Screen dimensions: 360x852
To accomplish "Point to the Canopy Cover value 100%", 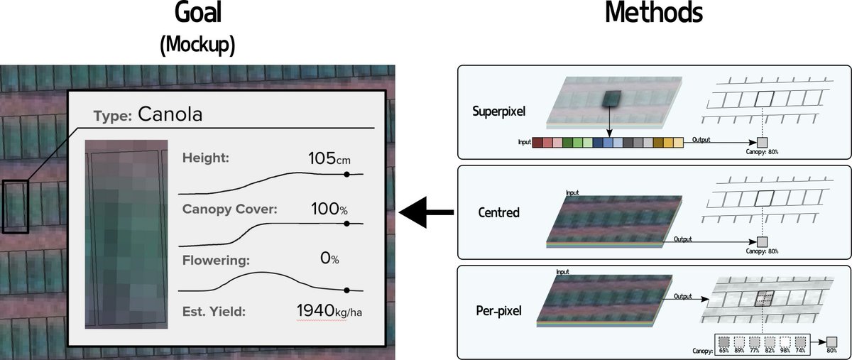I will click(x=329, y=209).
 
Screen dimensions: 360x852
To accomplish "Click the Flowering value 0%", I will click(x=329, y=259).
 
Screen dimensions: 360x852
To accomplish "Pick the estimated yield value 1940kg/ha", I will click(x=334, y=310).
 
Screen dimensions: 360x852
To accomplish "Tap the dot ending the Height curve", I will click(x=346, y=174).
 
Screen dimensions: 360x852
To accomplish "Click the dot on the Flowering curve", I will click(x=346, y=290).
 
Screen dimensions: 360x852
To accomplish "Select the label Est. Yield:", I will click(x=214, y=311).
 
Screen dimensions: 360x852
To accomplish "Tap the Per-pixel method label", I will click(x=499, y=311).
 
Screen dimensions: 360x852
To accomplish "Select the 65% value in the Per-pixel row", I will click(x=723, y=350).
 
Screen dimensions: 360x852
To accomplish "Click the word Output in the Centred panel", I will click(x=683, y=239).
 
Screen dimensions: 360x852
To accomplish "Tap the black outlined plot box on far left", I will click(x=15, y=207).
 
